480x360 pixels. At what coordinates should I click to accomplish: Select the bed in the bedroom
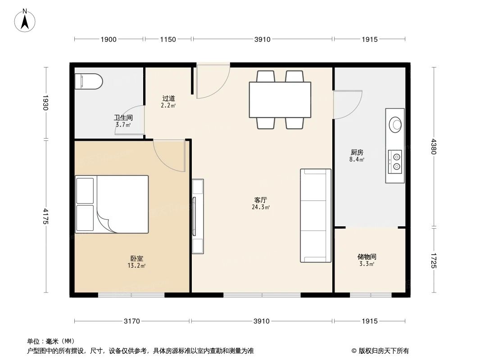tap(112, 204)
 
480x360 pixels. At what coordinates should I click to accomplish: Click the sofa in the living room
tap(316, 216)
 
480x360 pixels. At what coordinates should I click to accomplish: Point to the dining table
tap(280, 99)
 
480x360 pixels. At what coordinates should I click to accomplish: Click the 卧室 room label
tap(137, 259)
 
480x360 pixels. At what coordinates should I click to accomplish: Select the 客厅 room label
tap(261, 200)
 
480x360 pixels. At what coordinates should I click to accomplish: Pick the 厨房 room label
tap(357, 152)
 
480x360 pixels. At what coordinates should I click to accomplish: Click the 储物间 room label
tap(367, 257)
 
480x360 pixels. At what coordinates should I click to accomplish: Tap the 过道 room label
tap(168, 98)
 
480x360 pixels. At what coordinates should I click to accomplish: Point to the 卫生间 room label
tap(123, 118)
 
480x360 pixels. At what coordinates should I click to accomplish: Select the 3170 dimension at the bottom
tap(132, 321)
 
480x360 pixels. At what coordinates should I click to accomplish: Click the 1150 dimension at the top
tap(168, 40)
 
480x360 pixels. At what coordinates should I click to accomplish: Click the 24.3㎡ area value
tap(261, 207)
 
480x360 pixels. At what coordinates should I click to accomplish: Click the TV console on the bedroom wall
tap(198, 216)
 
